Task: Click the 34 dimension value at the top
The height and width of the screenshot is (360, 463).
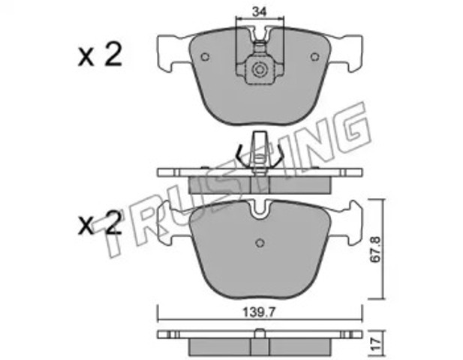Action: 259,12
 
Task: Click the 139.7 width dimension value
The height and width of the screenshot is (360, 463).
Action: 260,312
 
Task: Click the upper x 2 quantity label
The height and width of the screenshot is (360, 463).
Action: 100,55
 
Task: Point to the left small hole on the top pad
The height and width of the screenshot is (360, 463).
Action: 205,57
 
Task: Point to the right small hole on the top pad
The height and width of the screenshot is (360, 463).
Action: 315,57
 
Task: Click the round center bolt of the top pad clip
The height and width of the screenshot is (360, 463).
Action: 260,70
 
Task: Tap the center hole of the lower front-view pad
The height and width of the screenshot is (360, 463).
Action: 260,242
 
